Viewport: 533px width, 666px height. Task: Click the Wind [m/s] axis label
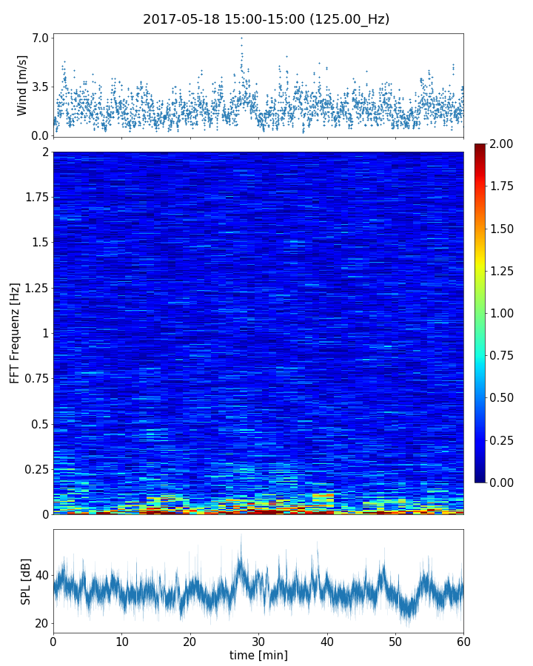click(x=22, y=85)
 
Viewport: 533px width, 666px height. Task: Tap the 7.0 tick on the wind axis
click(x=40, y=38)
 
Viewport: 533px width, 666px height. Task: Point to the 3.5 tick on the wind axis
click(x=40, y=87)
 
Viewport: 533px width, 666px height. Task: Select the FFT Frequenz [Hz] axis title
click(x=15, y=332)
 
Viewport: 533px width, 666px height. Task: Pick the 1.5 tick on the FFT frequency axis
click(x=38, y=243)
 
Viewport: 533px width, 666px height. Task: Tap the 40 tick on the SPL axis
click(x=41, y=575)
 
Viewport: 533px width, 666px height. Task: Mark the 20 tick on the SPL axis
click(x=41, y=623)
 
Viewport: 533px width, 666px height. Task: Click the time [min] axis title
click(x=258, y=655)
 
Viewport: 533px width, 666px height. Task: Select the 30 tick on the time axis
click(x=258, y=640)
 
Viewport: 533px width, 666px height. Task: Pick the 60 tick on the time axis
click(x=463, y=640)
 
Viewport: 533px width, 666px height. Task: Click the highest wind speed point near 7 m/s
click(x=241, y=38)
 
